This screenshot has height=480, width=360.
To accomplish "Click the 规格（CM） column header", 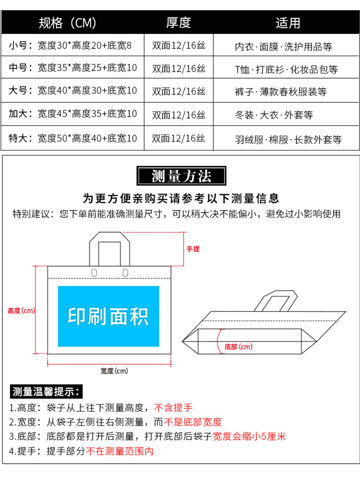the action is pos(68,23).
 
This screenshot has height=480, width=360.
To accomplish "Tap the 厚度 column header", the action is pos(179,23).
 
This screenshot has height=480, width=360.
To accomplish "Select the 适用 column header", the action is pos(288,23).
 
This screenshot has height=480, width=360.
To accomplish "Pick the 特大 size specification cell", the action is pos(73,138).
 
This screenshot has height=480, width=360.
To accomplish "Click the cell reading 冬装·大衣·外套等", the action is pos(274,115).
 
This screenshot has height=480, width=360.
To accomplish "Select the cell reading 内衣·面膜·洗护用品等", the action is pos(283,47).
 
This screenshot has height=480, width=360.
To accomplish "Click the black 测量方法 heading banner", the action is pos(181,176).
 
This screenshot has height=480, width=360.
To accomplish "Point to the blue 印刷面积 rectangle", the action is pos(108,316).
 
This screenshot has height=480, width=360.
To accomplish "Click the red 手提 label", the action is pos(193,249).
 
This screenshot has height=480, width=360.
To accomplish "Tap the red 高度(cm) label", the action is pos(22,311).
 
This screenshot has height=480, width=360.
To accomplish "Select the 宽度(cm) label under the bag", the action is pos(114,371).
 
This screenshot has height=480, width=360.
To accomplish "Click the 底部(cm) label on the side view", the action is pos(239,347).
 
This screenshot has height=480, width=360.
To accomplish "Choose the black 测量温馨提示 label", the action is pos(46,391).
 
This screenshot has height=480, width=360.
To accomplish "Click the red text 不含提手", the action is pos(173,408).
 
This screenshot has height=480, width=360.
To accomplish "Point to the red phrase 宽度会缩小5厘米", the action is pos(249,436).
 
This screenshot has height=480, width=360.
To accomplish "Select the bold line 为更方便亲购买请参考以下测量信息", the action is pos(181,198).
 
